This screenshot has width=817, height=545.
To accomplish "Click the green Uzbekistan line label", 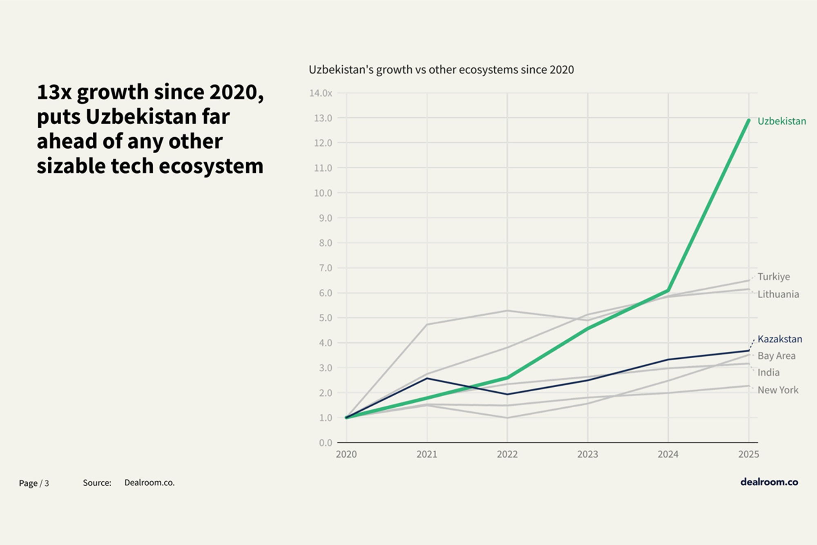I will pos(781,121).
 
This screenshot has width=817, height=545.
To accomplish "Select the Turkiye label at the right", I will pos(773,277).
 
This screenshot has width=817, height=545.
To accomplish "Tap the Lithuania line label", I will pos(778,294).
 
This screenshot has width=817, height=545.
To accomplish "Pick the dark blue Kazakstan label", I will pos(779,339).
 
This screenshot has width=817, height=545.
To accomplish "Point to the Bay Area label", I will pos(776,356).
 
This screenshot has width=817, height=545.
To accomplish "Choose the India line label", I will pos(768,373).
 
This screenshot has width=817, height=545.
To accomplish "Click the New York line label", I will pos(778,390).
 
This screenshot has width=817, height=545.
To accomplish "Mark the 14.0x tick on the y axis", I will pos(321,93).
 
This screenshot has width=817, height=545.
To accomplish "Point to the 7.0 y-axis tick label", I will pos(325,268).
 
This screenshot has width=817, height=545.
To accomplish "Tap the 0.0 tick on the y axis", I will pos(325,443).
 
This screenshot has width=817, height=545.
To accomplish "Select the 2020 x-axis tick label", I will pos(346,454).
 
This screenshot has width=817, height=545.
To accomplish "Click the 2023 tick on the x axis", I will pos(587,454).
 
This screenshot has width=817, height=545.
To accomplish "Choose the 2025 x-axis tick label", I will pos(748,454).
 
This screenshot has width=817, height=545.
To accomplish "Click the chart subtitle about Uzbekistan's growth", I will pos(441,70).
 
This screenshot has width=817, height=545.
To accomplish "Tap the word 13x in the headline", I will pos(54,92).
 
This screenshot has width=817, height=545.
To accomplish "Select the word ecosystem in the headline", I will pos(211,166).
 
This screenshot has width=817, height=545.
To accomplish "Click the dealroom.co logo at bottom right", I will pos(769,482).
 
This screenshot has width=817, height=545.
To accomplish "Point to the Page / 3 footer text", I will pos(34,483).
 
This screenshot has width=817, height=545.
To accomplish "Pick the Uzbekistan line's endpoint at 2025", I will pos(748,121).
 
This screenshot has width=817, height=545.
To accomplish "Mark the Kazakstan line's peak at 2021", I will pos(427,378).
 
